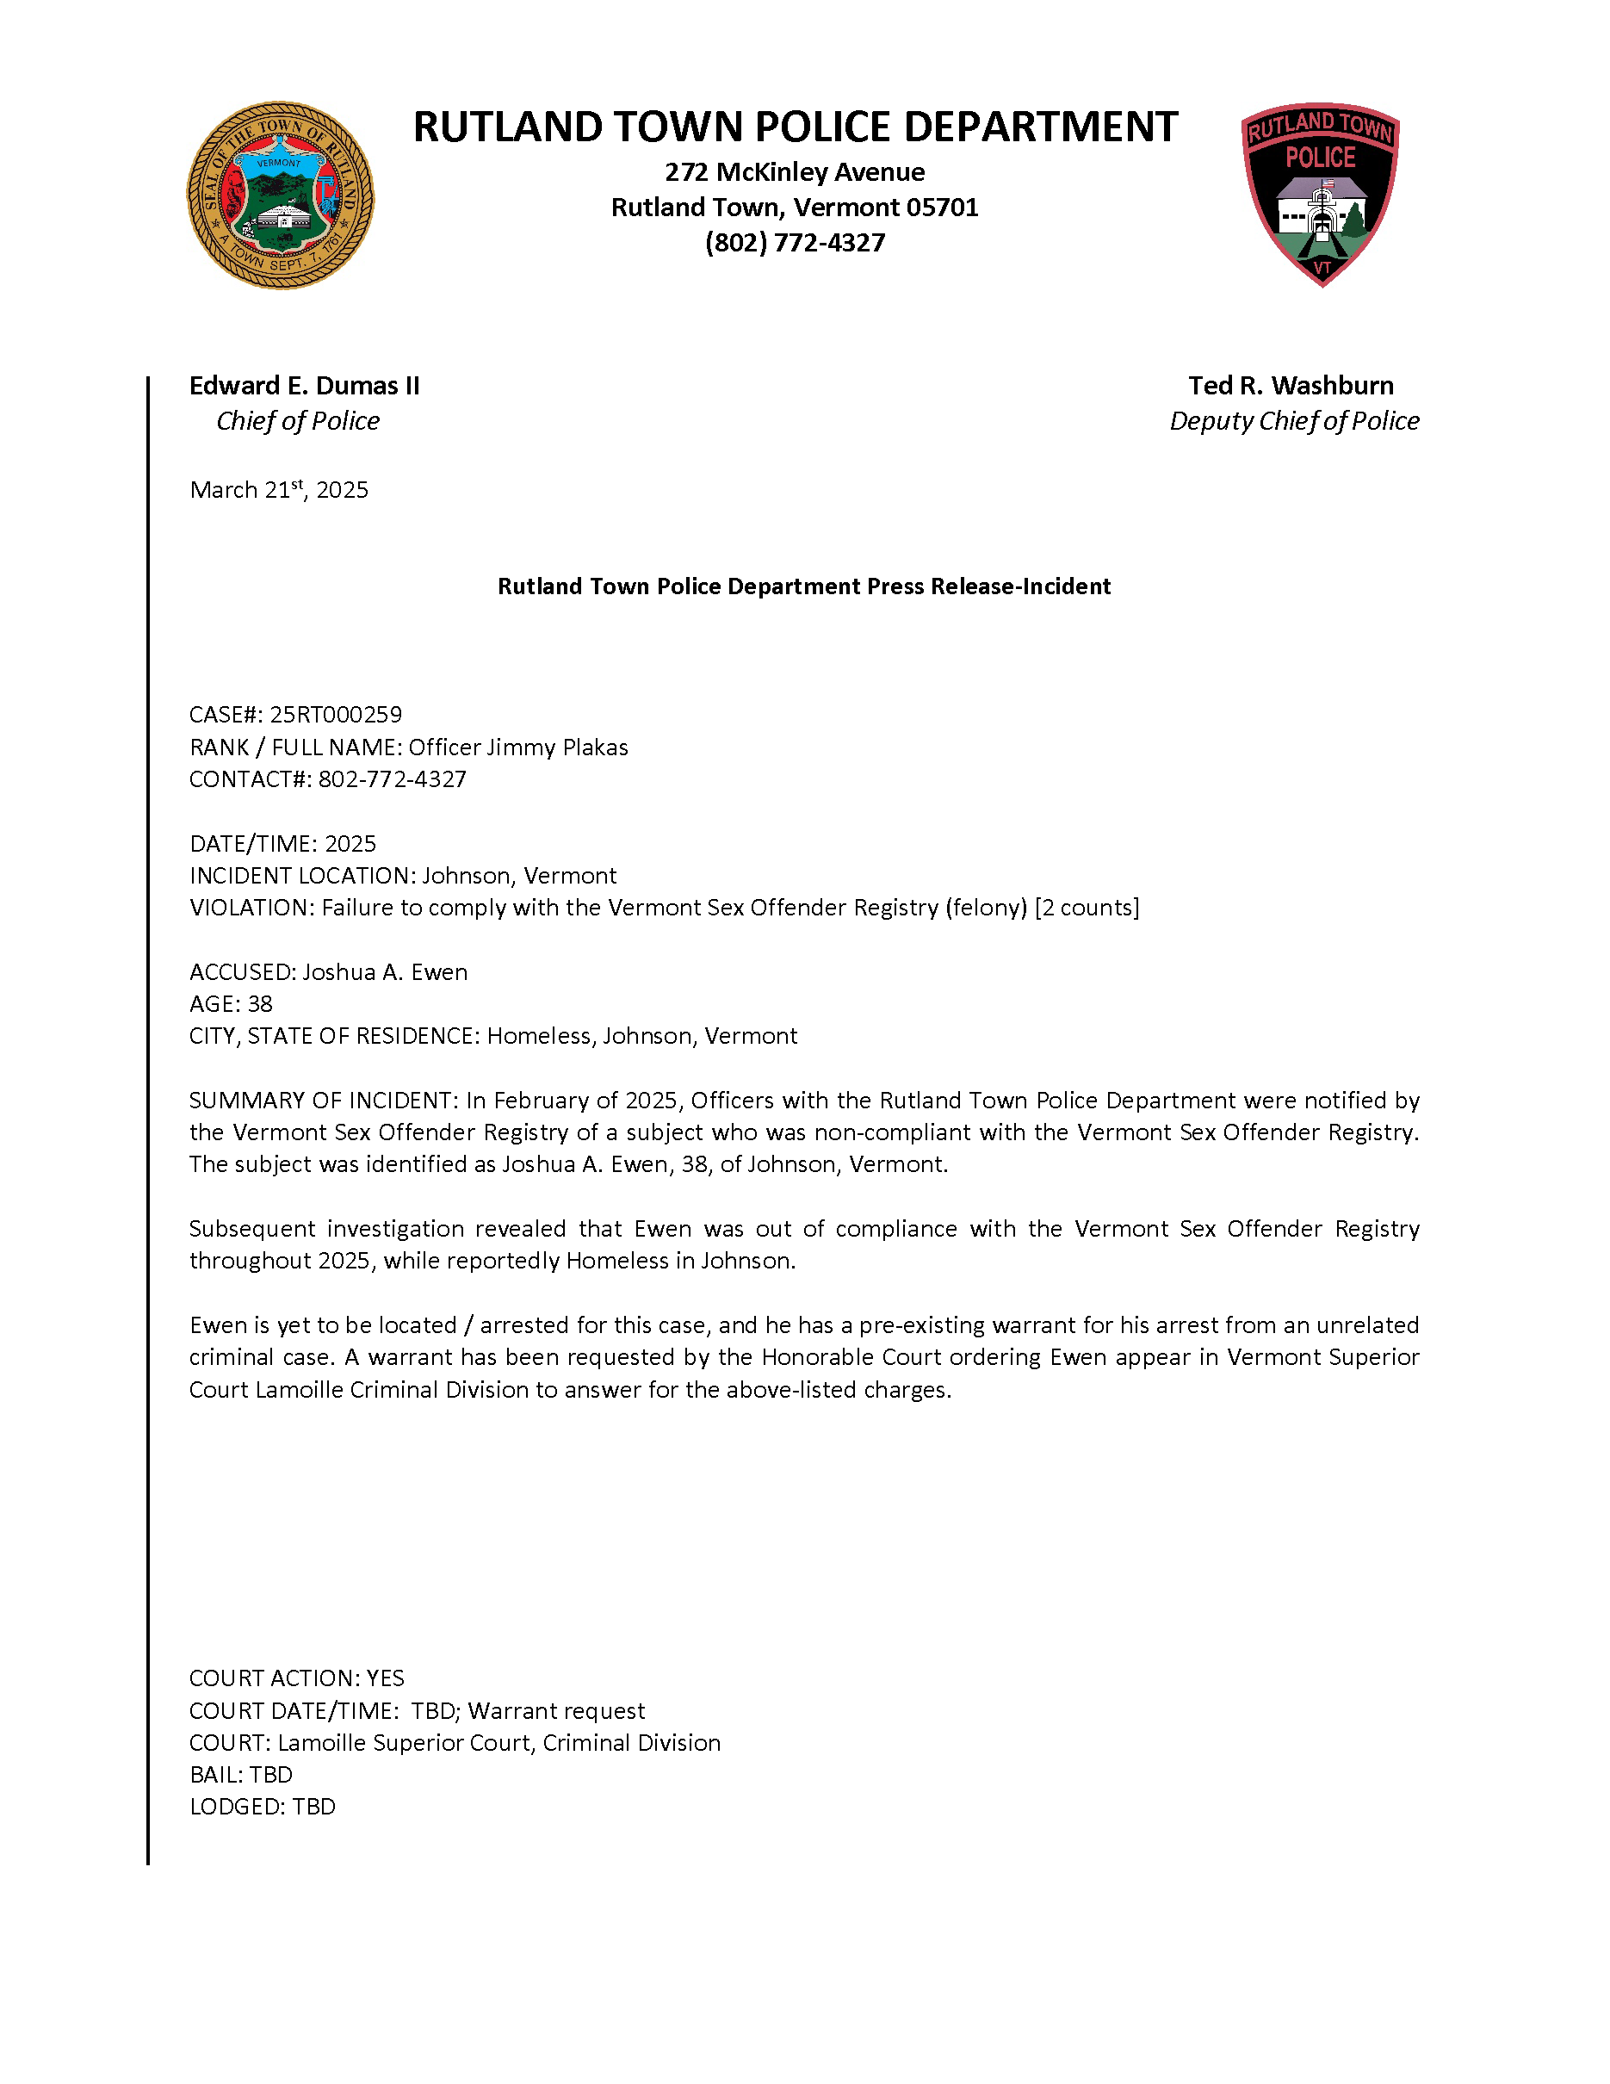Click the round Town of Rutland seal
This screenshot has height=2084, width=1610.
[x=281, y=195]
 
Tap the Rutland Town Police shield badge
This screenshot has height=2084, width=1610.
[x=1320, y=194]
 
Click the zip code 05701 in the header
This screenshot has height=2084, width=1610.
[x=941, y=208]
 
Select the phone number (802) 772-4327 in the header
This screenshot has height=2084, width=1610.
[x=795, y=244]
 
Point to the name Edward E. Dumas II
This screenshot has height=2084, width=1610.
[x=304, y=386]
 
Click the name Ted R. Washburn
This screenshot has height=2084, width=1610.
[x=1291, y=386]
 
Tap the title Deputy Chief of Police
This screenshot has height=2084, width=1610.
[x=1293, y=421]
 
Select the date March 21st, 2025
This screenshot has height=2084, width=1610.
[x=278, y=491]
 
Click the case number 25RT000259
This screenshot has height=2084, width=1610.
[x=336, y=715]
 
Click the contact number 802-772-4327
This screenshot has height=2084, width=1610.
[x=392, y=779]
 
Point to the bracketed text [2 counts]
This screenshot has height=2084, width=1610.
[x=1087, y=908]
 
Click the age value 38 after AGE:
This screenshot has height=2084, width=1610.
[x=259, y=1004]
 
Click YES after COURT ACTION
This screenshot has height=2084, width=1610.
[x=386, y=1678]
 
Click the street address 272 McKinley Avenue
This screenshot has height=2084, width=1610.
[x=795, y=173]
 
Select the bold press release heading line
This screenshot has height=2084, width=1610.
[x=804, y=586]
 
